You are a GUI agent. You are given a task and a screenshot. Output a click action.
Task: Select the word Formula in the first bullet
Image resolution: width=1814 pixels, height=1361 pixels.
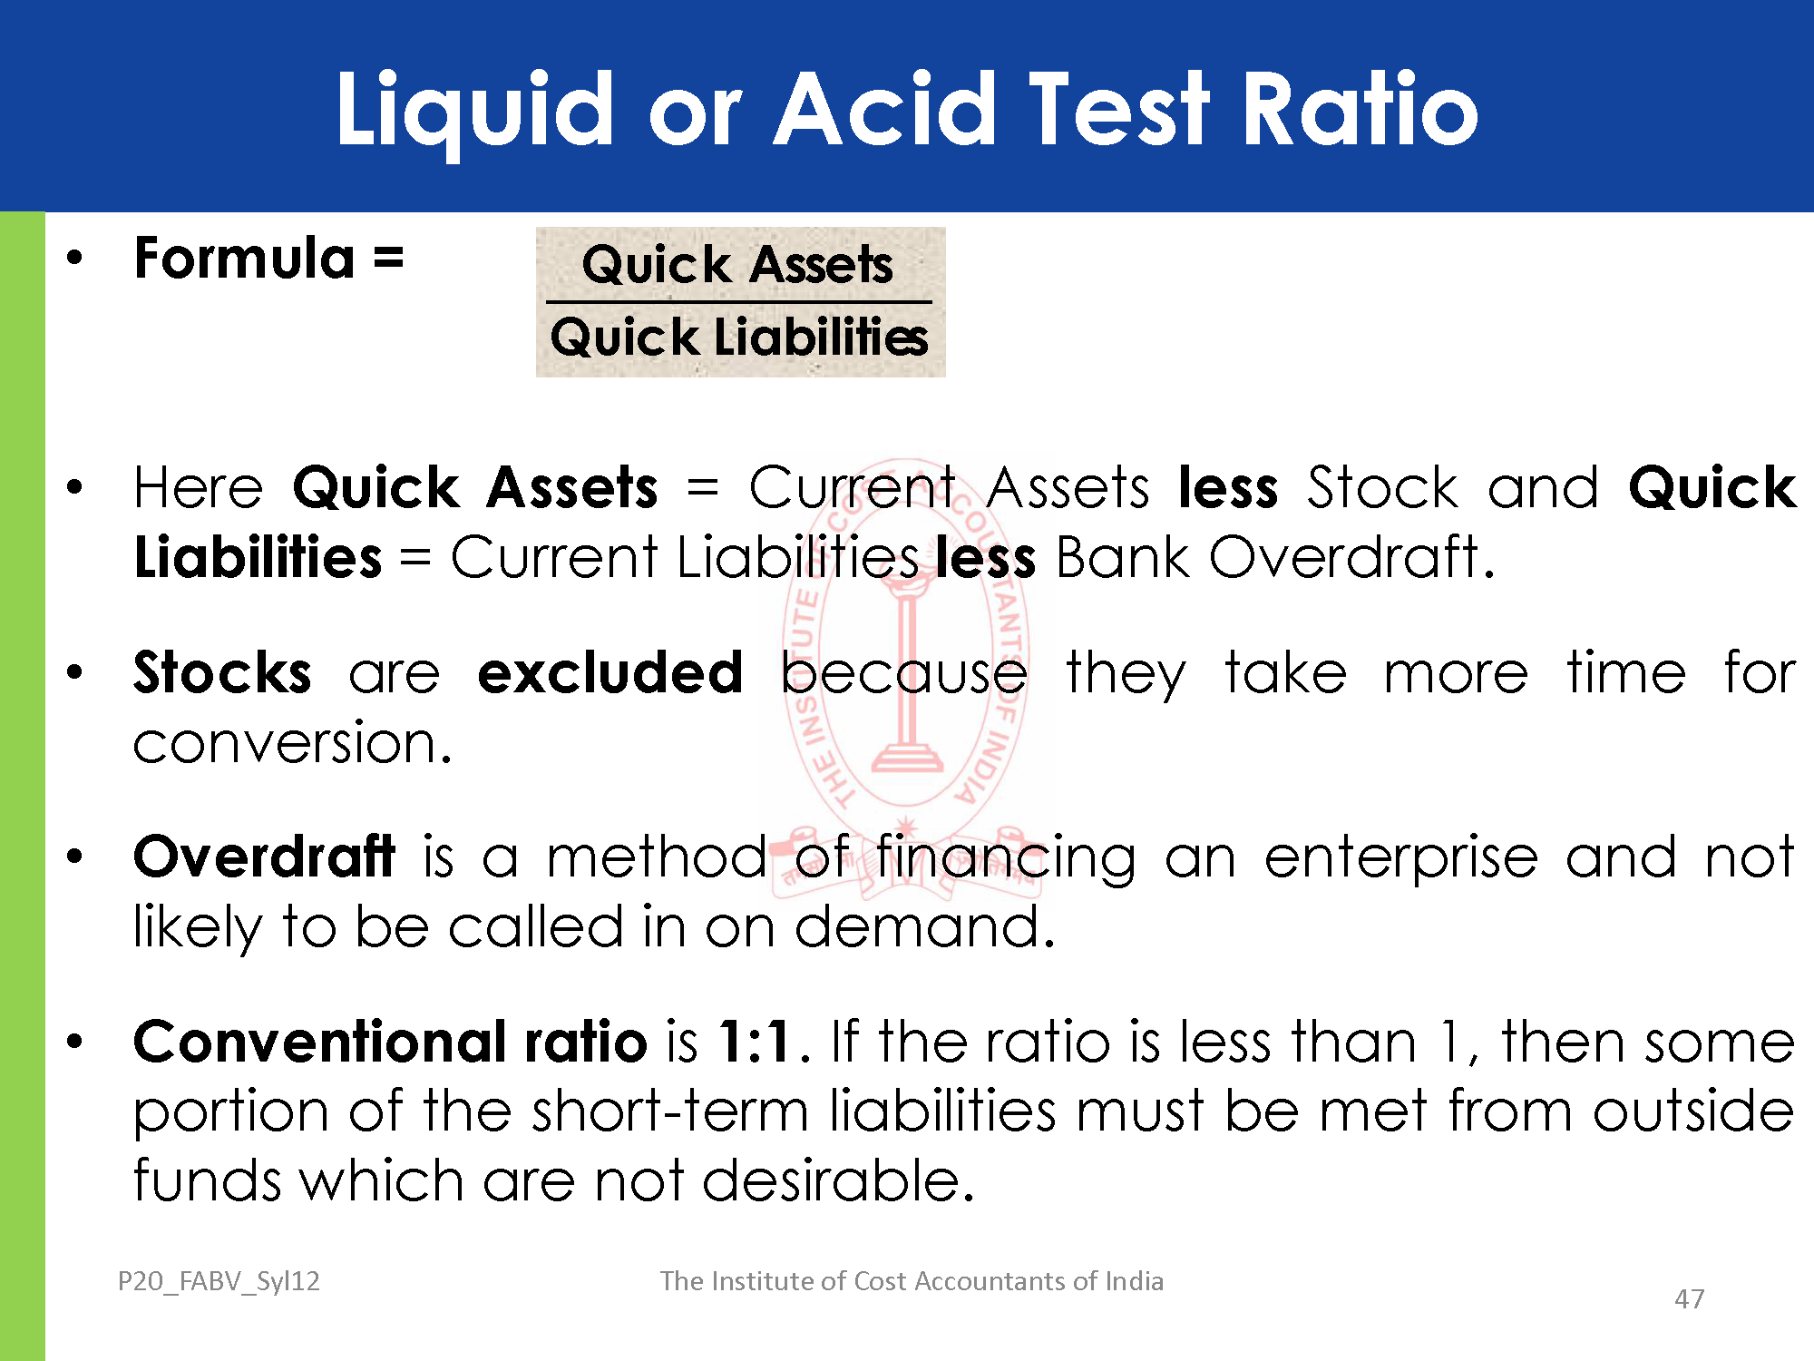point(244,258)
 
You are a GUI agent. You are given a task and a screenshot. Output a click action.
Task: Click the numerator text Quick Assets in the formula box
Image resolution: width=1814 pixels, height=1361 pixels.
point(737,264)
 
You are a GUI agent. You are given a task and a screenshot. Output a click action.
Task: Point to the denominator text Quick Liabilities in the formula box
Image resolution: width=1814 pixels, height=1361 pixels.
point(739,337)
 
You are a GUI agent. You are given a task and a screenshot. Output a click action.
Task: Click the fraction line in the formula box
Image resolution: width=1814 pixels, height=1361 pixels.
point(738,302)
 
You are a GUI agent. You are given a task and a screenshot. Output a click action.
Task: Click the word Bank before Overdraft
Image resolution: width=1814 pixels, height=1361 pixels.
point(1123,556)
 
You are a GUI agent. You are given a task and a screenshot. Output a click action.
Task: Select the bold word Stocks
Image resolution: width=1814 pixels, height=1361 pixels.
point(222,672)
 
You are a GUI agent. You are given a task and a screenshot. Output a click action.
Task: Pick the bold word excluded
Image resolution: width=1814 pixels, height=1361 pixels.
point(610,672)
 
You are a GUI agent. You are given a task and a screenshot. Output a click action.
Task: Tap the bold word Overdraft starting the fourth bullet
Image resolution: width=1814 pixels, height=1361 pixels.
point(264,856)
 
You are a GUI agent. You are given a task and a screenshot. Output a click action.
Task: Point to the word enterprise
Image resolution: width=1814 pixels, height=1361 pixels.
point(1401,857)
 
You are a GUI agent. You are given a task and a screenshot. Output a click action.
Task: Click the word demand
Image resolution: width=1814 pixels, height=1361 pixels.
point(925,926)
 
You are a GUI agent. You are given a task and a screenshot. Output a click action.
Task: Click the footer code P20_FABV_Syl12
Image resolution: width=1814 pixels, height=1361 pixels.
point(219,1281)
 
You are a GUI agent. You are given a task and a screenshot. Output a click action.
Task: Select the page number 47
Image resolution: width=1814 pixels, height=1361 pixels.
point(1689,1299)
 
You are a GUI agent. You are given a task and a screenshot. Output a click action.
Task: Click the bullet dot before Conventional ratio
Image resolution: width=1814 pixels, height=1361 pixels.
point(74,1042)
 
